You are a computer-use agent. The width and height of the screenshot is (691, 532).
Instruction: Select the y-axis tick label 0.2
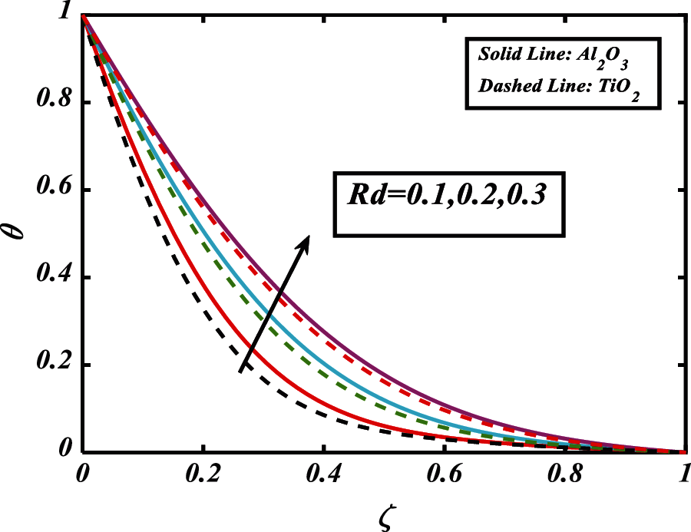[52, 365]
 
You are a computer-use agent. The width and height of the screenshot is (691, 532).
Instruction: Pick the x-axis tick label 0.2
[203, 473]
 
